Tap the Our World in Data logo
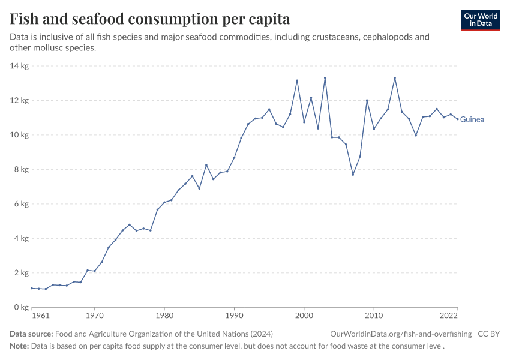(481, 20)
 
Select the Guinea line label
(472, 119)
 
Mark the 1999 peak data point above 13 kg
(297, 80)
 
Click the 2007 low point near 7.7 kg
(353, 175)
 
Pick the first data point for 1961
(32, 288)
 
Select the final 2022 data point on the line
(458, 119)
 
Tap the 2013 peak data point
(395, 78)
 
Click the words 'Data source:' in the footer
(31, 334)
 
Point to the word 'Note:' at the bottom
(19, 346)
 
